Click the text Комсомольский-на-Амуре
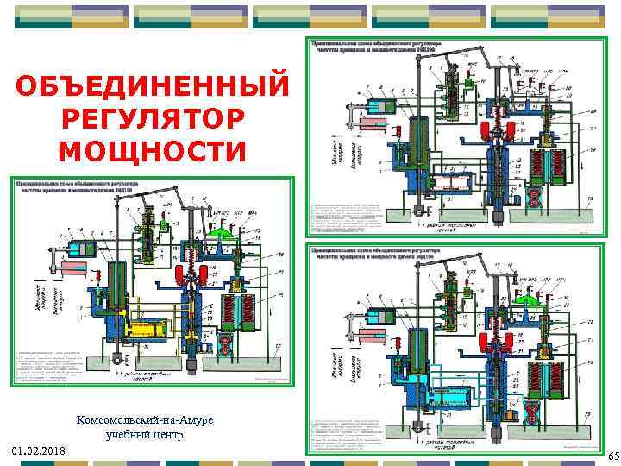(x=145, y=419)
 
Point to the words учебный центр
(x=145, y=435)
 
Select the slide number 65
(x=613, y=456)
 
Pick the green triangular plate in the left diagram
(x=223, y=231)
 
